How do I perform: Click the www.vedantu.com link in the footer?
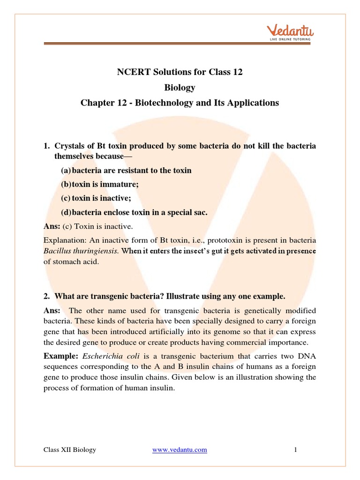coord(180,450)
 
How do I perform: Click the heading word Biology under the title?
coord(180,87)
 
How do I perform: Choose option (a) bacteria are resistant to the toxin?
coord(126,170)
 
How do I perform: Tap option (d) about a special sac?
coord(134,212)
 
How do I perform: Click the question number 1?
coord(46,146)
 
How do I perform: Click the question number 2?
coord(46,296)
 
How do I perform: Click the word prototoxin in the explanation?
coord(230,240)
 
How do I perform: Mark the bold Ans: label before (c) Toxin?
coord(52,226)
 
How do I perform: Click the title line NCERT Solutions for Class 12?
coord(180,72)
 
